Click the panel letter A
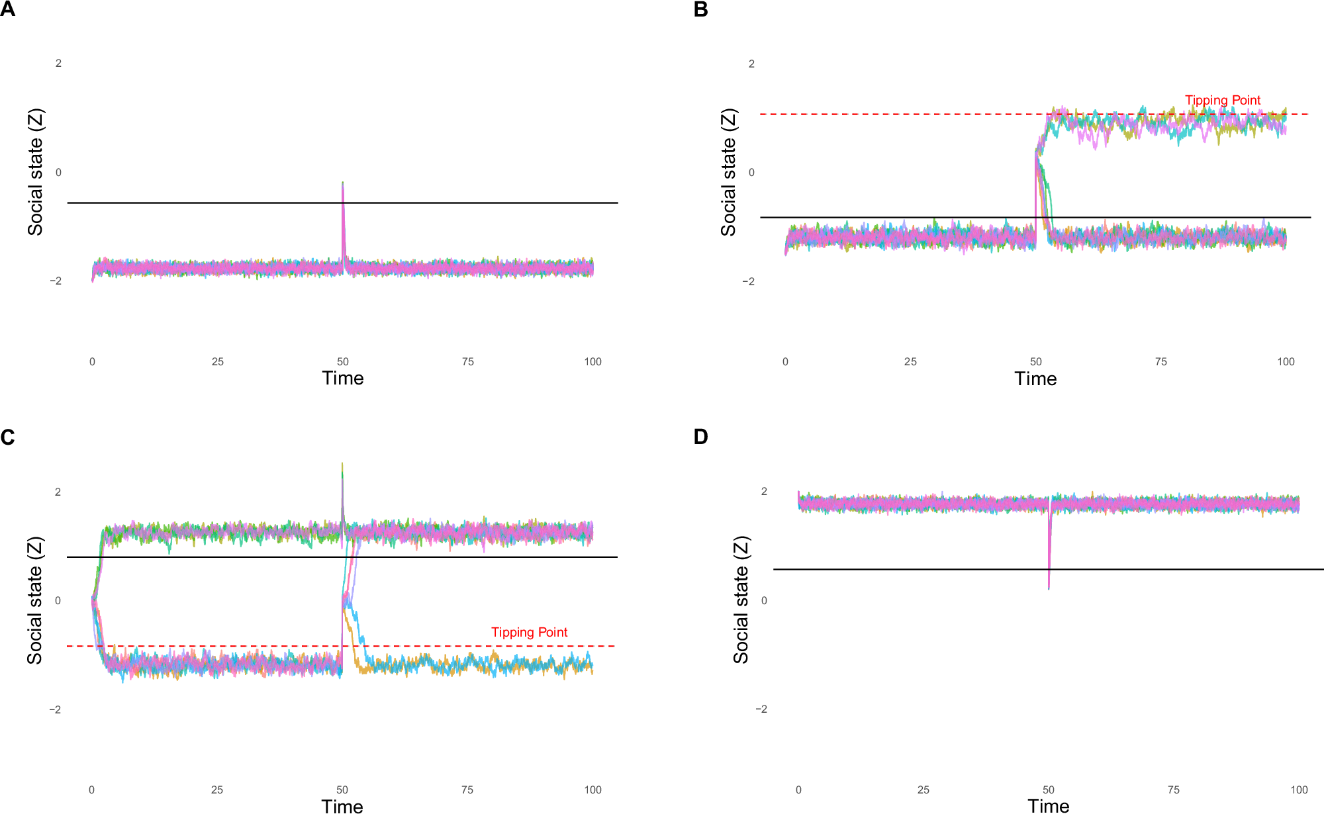[7, 9]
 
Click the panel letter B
[700, 9]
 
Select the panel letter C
[7, 437]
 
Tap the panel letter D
[700, 437]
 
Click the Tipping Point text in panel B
[1222, 100]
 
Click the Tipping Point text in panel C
[529, 632]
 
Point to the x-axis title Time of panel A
[342, 378]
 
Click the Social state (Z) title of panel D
[740, 600]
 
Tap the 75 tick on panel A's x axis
[468, 361]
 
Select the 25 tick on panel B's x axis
[910, 361]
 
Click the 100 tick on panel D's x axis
[1299, 790]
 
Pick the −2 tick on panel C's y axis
[55, 709]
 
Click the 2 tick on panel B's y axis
[751, 64]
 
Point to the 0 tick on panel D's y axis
[764, 600]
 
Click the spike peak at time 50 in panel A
[342, 182]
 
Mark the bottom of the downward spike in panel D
[1049, 588]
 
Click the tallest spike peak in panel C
[342, 463]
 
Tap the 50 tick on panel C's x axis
[342, 790]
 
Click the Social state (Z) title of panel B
[728, 172]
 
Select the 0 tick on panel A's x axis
[92, 361]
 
